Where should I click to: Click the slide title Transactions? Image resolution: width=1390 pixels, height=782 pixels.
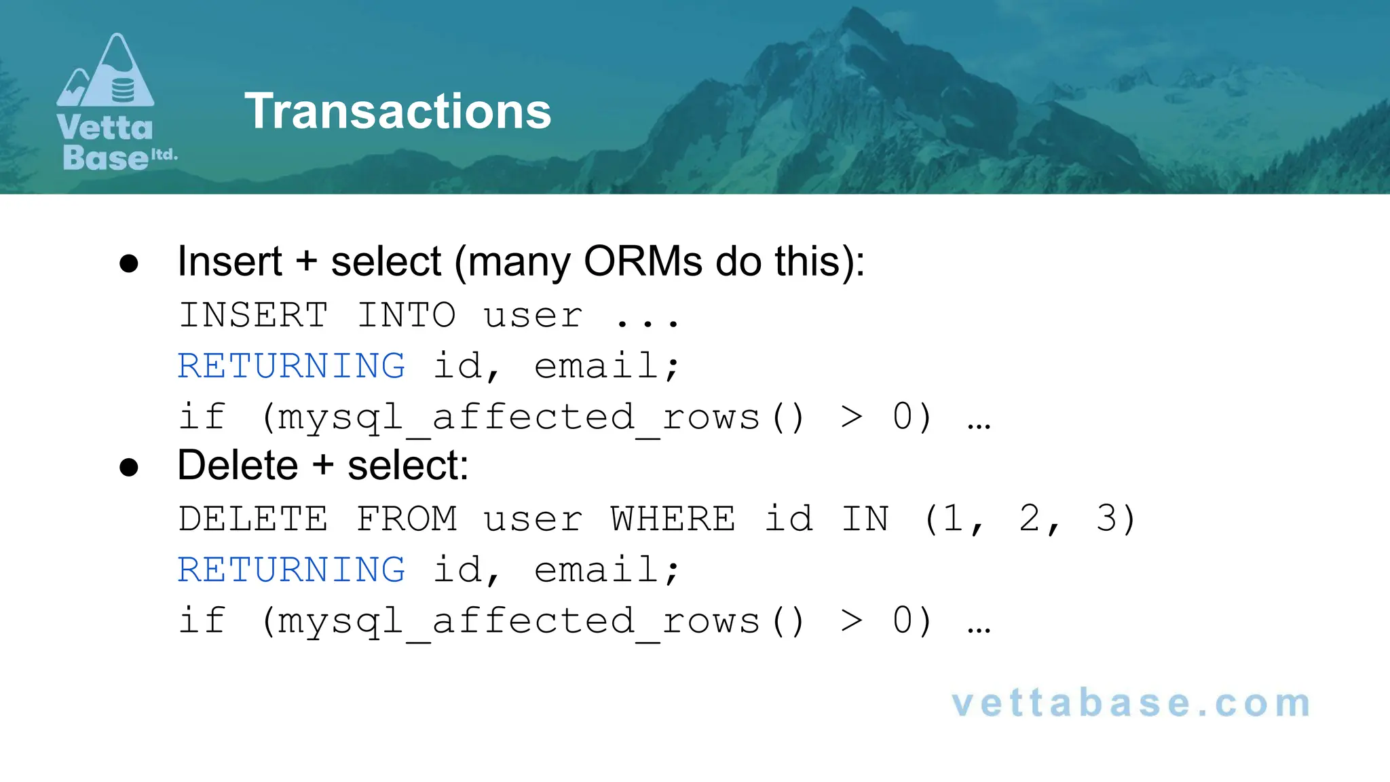click(x=398, y=111)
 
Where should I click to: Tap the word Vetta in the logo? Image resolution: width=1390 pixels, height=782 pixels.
click(x=105, y=128)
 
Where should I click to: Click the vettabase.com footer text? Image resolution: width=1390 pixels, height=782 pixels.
click(x=1131, y=703)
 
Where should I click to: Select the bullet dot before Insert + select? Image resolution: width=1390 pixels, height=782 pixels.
click(x=129, y=263)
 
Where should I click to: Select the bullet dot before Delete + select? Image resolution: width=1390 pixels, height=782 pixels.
click(x=129, y=467)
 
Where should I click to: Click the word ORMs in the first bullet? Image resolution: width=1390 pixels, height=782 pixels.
click(x=642, y=261)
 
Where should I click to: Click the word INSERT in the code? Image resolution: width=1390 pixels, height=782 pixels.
click(x=253, y=316)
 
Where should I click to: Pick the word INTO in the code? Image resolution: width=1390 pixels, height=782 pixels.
click(x=406, y=316)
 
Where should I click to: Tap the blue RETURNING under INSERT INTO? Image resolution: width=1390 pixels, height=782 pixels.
click(x=291, y=367)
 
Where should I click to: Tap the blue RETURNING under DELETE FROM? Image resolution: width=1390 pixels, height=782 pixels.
click(x=291, y=570)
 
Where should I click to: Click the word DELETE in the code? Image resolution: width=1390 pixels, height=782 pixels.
click(x=253, y=519)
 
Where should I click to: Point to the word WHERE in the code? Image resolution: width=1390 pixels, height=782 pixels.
click(x=673, y=519)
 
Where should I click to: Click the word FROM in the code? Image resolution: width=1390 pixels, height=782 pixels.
click(x=406, y=519)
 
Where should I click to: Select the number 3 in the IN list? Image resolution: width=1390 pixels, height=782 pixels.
click(x=1106, y=519)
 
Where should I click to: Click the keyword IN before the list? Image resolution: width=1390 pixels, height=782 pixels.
click(x=865, y=519)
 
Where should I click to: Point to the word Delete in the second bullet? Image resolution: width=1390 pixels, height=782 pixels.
click(x=238, y=466)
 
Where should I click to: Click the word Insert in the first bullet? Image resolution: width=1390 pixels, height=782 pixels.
click(x=229, y=261)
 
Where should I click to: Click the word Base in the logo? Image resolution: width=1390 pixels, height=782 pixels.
click(x=105, y=157)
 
